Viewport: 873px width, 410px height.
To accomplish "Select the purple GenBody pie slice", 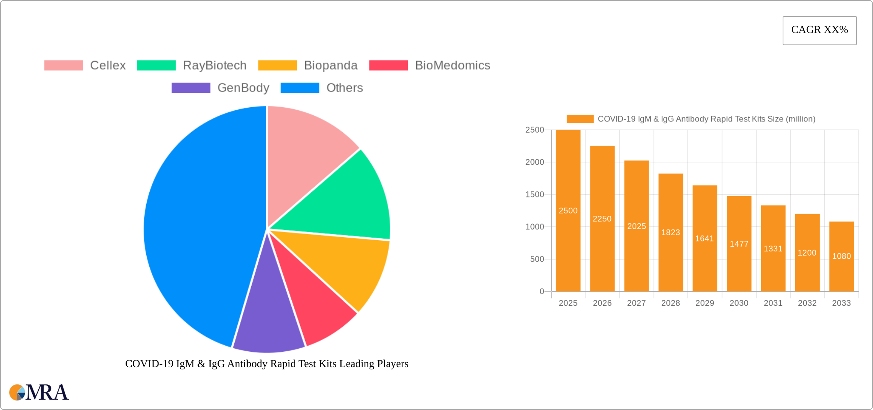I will (x=268, y=326).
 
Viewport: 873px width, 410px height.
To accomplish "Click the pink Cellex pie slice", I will (x=302, y=153).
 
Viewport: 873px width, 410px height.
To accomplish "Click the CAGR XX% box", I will (x=819, y=30).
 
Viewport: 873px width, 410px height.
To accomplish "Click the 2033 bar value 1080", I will (x=841, y=256).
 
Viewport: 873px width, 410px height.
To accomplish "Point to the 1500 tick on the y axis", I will (x=535, y=195).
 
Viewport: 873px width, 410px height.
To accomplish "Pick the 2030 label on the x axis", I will (x=739, y=303).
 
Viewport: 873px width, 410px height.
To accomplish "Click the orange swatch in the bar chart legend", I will (x=580, y=119).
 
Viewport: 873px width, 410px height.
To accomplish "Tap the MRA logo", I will (x=39, y=392).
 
